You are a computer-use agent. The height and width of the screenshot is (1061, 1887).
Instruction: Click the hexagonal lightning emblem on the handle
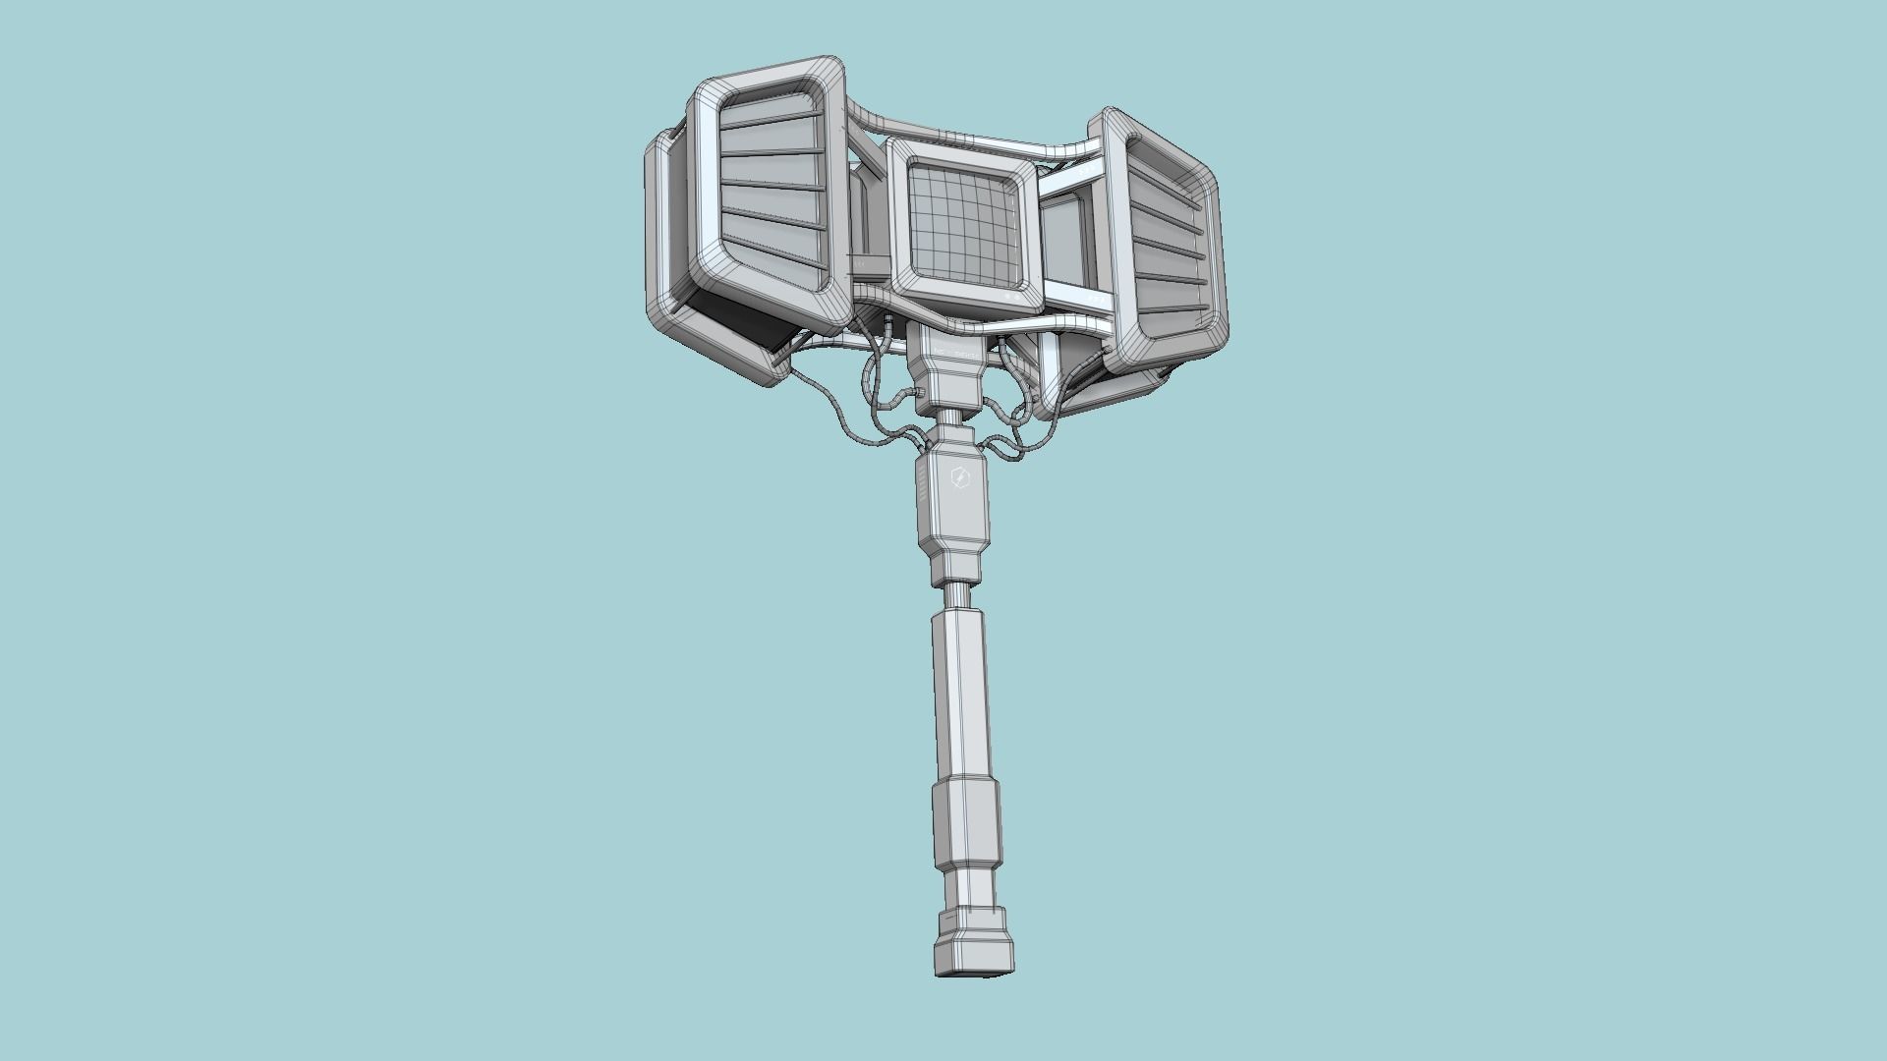(960, 480)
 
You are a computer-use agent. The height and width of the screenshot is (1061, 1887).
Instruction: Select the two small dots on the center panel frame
(1013, 294)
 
